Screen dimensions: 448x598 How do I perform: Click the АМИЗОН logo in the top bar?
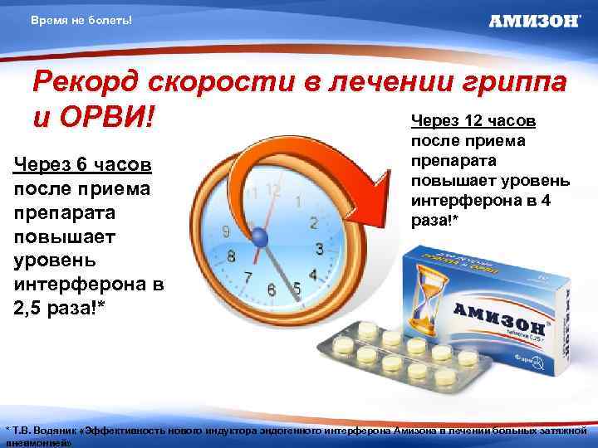click(534, 22)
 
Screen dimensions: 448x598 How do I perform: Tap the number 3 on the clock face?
click(319, 248)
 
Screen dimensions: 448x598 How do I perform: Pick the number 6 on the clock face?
click(271, 290)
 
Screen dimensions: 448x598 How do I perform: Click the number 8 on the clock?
click(232, 256)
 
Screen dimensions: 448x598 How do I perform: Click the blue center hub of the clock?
click(261, 237)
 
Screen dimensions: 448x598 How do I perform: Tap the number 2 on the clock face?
click(312, 222)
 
